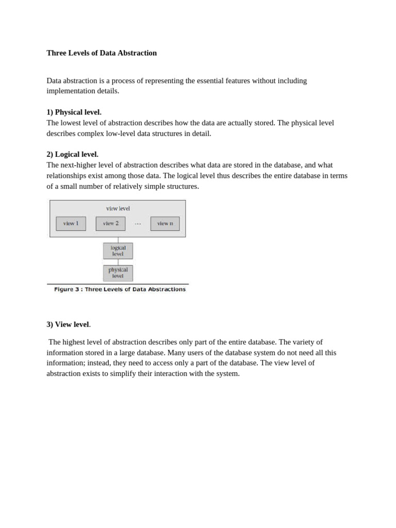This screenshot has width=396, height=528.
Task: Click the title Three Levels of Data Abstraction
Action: click(102, 53)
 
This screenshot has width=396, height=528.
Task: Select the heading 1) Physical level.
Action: click(74, 112)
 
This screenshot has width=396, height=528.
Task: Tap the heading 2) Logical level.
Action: click(72, 155)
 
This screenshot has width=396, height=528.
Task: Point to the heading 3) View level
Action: click(68, 325)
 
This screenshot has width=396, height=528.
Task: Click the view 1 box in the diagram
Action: click(71, 224)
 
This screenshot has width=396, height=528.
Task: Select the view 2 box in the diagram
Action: click(110, 224)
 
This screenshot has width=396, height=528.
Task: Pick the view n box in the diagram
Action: click(165, 224)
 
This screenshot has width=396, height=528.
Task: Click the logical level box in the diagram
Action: click(118, 251)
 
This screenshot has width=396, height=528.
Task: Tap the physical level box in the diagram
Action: click(118, 273)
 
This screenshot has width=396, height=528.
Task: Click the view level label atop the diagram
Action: click(118, 209)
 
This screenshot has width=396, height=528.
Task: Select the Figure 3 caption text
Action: click(120, 290)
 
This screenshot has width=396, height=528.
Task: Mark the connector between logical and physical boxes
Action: click(118, 262)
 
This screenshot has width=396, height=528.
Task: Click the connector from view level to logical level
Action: click(118, 240)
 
